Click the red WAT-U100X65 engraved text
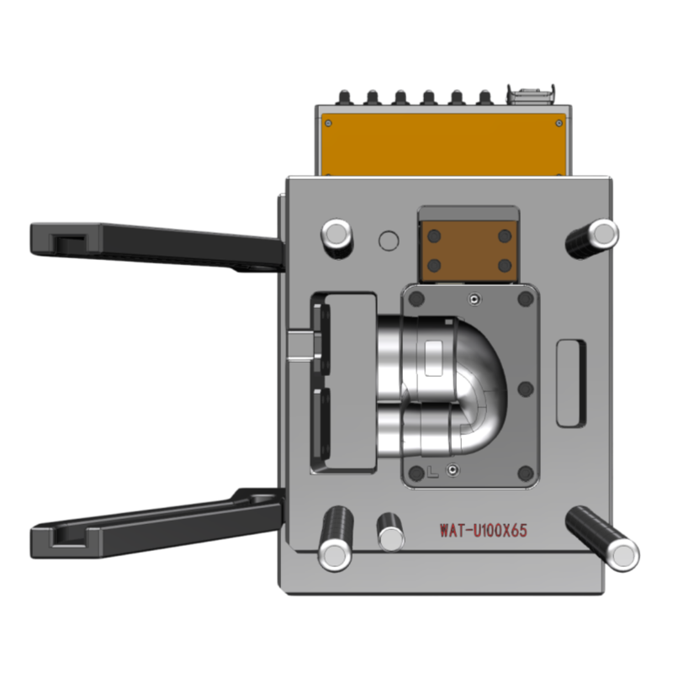click(483, 531)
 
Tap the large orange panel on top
click(443, 145)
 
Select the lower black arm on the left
click(157, 524)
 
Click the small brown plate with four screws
click(469, 251)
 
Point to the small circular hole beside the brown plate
click(389, 241)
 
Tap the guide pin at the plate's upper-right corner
click(593, 238)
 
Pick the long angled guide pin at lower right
click(602, 538)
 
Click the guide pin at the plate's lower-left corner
click(336, 538)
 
